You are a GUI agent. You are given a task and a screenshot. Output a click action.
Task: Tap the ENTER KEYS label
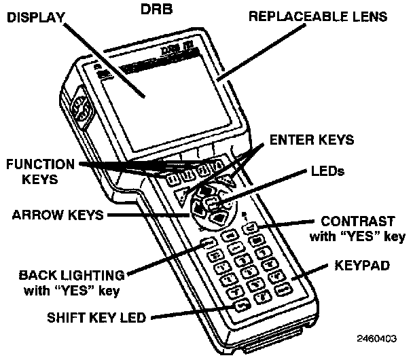tap(311, 141)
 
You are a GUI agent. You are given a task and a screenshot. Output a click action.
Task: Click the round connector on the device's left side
tap(79, 109)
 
